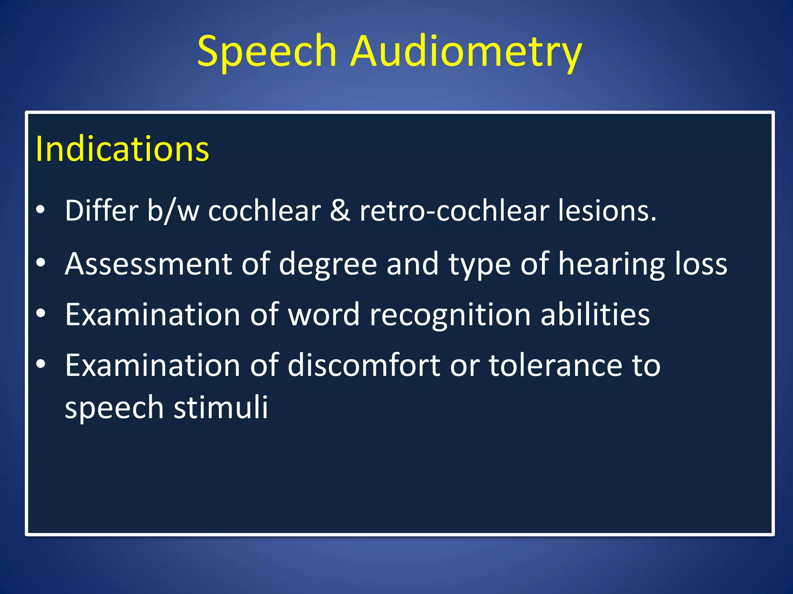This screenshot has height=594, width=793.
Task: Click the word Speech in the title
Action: click(x=266, y=51)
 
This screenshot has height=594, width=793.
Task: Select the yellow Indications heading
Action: click(x=122, y=149)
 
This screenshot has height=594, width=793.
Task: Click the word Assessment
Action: click(x=148, y=264)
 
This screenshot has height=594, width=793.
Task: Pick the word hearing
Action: click(x=611, y=264)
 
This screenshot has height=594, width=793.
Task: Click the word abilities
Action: click(x=595, y=314)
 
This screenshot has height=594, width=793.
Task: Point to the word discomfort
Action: click(x=364, y=365)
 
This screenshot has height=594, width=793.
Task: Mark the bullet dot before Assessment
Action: click(x=41, y=263)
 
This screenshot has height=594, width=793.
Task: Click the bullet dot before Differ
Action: click(x=41, y=210)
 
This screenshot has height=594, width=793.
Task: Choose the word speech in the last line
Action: click(x=114, y=408)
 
